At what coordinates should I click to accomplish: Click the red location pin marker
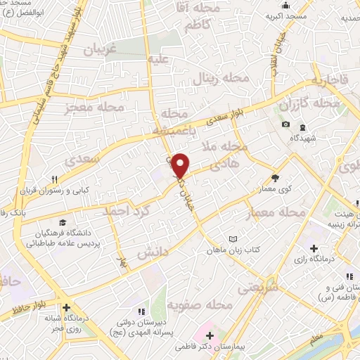(x=181, y=165)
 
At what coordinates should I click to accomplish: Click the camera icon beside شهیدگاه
(x=285, y=124)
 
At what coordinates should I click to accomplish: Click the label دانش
(x=153, y=251)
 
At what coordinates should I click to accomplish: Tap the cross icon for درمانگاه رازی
(x=314, y=248)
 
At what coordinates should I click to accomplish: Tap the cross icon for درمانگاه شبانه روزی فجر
(x=66, y=307)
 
